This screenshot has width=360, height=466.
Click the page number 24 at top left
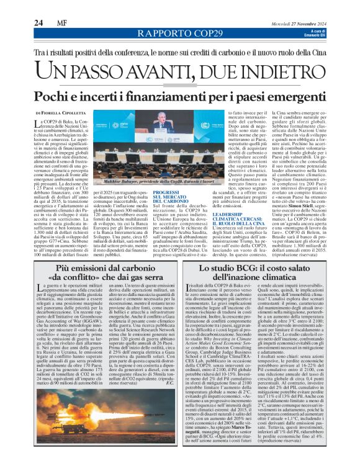38,23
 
